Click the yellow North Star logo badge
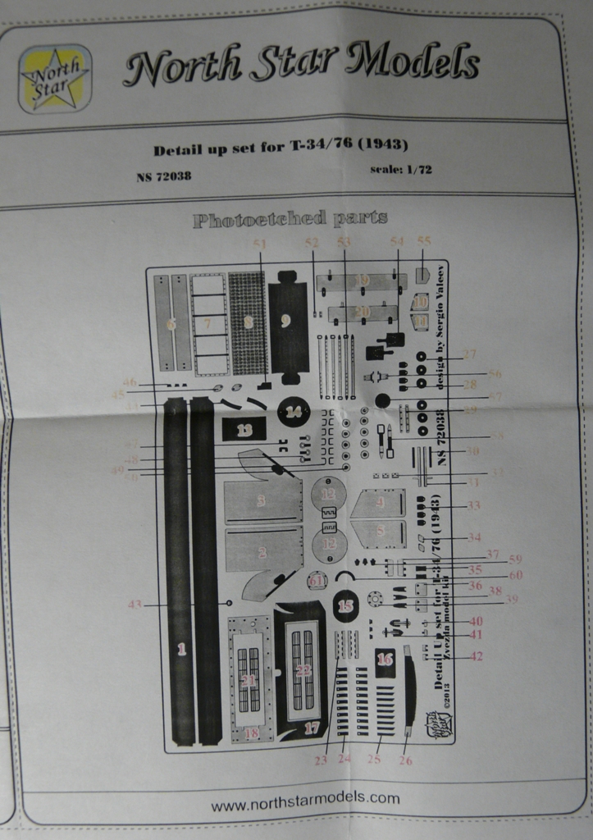pos(55,78)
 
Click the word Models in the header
pos(412,63)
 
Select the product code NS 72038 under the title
pos(164,176)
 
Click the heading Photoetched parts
pos(290,219)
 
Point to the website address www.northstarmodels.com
pos(305,797)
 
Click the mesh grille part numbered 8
pos(208,323)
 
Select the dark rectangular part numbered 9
pos(248,323)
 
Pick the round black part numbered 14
pos(288,321)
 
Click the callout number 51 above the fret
pos(260,244)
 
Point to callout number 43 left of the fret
pos(135,605)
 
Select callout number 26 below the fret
pos(405,760)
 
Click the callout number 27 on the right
pos(469,355)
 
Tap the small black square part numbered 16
pos(385,660)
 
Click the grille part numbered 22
pos(303,671)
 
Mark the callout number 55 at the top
pos(423,241)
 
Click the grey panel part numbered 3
pos(262,500)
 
